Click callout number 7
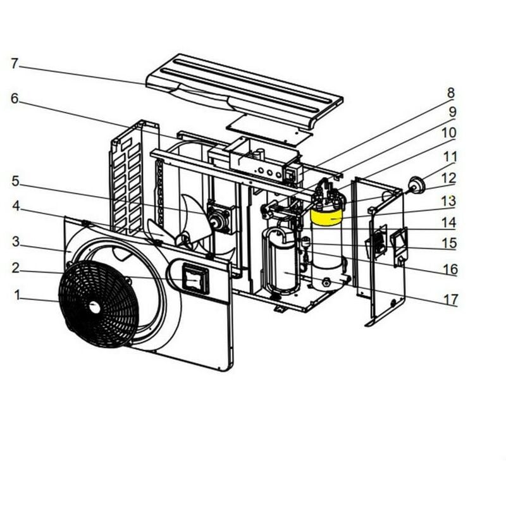15,63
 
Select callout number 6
15,99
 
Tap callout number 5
15,182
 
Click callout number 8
451,94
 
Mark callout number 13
448,201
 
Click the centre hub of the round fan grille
94,307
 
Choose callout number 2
15,268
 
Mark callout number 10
448,133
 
